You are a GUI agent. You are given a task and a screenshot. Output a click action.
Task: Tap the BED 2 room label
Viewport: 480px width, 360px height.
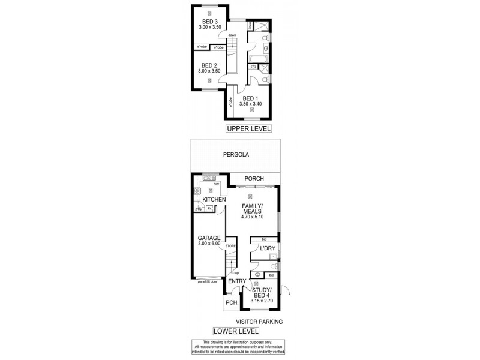coord(209,65)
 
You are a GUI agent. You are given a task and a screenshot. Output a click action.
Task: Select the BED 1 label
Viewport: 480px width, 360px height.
coord(251,98)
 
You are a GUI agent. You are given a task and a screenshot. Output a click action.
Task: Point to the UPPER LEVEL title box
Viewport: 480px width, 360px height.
coord(248,128)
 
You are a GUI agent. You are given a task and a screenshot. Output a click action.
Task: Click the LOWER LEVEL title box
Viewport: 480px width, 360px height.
coord(236,331)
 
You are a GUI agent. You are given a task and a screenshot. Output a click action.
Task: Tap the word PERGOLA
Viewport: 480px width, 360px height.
coord(236,155)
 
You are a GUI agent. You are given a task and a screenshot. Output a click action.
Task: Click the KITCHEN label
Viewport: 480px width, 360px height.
coord(214,199)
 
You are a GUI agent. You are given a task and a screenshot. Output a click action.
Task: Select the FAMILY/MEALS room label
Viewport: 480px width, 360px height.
coord(251,208)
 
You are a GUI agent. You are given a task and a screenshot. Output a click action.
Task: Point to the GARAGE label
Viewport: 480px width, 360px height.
coord(209,238)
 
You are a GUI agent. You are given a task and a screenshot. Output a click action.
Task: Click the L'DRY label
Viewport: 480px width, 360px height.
coord(268,248)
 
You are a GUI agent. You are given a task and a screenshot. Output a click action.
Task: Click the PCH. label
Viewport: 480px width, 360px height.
coord(232,303)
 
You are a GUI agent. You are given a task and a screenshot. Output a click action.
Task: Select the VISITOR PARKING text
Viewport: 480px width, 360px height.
coord(259,322)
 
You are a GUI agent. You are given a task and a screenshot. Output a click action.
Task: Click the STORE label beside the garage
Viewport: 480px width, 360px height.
coord(230,246)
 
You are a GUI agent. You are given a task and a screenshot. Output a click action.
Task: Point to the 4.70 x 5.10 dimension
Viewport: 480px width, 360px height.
coord(251,217)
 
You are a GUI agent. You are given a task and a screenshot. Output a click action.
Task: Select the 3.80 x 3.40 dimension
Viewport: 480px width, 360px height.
coord(251,104)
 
